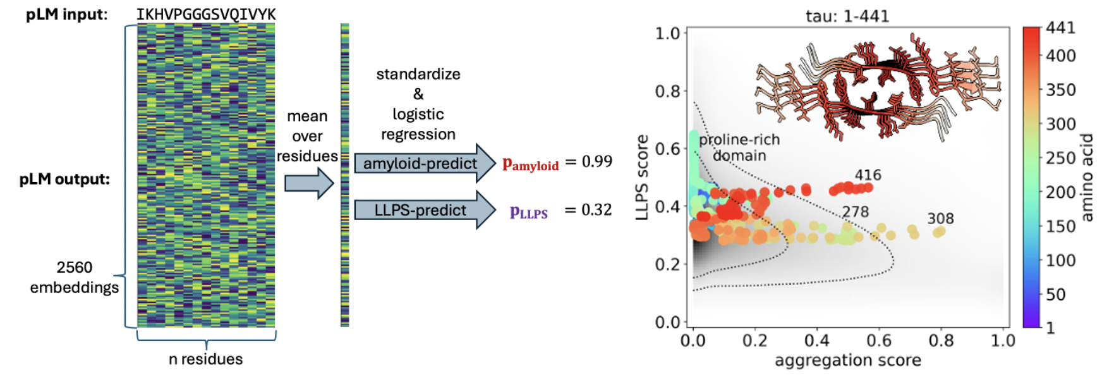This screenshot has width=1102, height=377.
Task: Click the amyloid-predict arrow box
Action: pyautogui.click(x=420, y=163)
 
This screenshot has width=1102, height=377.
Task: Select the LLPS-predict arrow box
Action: pyautogui.click(x=420, y=210)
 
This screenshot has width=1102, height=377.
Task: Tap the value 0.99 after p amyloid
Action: pyautogui.click(x=596, y=161)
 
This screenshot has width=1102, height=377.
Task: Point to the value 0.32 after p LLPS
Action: pyautogui.click(x=596, y=210)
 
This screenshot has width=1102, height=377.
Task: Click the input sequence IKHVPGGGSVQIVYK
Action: pyautogui.click(x=206, y=14)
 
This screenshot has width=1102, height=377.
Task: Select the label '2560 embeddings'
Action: pyautogui.click(x=75, y=277)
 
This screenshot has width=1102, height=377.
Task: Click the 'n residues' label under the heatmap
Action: pyautogui.click(x=205, y=359)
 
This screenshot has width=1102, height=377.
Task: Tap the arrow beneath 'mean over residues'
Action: pyautogui.click(x=308, y=184)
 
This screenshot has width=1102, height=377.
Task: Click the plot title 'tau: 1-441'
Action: pyautogui.click(x=847, y=16)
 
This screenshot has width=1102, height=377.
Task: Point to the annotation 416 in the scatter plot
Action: pyautogui.click(x=868, y=175)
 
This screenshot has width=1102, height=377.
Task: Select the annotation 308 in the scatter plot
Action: pyautogui.click(x=940, y=218)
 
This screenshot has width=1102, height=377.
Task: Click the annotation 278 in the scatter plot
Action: pyautogui.click(x=855, y=211)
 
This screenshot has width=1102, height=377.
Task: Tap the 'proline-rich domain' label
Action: pyautogui.click(x=739, y=147)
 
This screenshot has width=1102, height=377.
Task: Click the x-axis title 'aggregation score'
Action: pyautogui.click(x=847, y=360)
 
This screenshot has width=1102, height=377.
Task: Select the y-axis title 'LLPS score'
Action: pyautogui.click(x=642, y=177)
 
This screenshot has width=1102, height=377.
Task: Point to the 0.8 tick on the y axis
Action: pyautogui.click(x=667, y=91)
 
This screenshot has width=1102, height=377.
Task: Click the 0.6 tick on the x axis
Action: pyautogui.click(x=878, y=340)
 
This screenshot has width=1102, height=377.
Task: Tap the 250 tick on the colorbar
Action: pyautogui.click(x=1060, y=158)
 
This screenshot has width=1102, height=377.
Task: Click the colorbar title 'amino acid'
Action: pyautogui.click(x=1087, y=177)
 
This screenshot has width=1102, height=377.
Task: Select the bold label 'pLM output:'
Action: pyautogui.click(x=64, y=179)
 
